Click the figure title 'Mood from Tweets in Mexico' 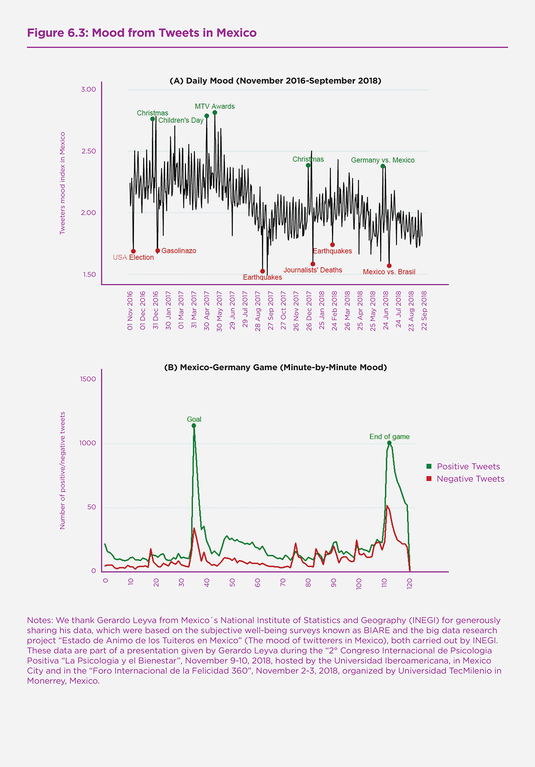coord(142,33)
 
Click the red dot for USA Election coord(133,251)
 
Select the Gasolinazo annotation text coord(178,251)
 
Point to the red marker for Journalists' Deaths coord(313,264)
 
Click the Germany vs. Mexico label coord(383,160)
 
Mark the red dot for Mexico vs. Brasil coord(389,266)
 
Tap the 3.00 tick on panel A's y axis coord(88,90)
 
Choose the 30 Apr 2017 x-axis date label coord(207,311)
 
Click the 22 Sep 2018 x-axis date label coord(424,311)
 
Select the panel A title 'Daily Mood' coord(275,81)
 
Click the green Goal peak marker coord(194,426)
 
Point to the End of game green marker coord(389,443)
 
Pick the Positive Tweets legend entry coord(468,467)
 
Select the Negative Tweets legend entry coord(470,479)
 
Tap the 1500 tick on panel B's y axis coord(87,379)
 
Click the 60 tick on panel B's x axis coord(258,582)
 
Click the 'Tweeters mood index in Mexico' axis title coord(62,183)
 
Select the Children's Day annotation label coord(181,120)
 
